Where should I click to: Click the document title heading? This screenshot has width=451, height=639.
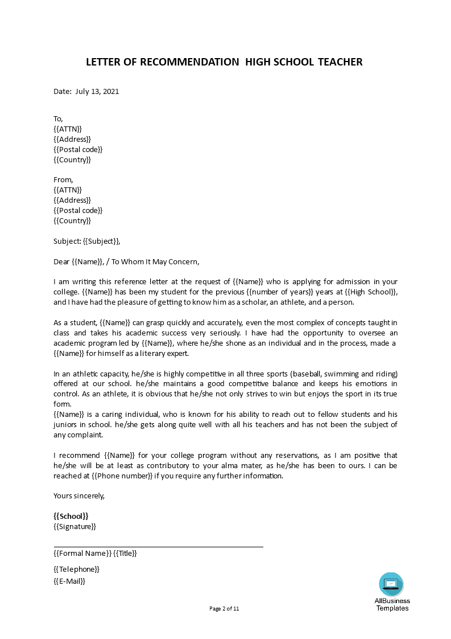[224, 62]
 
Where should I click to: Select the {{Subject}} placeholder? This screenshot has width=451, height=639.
[101, 241]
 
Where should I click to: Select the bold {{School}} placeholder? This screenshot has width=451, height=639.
[71, 516]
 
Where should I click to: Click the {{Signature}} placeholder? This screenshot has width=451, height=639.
[75, 526]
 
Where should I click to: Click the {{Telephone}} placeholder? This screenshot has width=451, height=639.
[76, 569]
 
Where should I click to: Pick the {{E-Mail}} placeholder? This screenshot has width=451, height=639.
[69, 581]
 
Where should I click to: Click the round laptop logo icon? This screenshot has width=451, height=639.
[391, 584]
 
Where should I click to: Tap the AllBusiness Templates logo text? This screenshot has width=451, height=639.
[392, 604]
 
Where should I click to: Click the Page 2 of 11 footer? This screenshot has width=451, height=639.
[225, 608]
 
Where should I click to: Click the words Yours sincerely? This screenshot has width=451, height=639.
[79, 495]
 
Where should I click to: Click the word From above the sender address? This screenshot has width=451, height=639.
[63, 180]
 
